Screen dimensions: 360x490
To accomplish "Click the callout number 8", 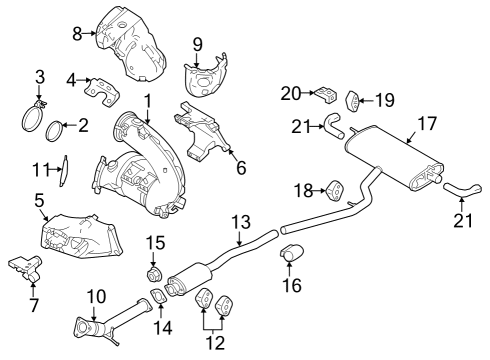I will coord(76,33).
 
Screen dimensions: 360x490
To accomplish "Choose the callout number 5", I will coord(40,201).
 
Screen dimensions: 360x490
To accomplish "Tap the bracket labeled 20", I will coord(323,96).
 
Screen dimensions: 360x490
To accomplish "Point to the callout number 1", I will coord(147,100).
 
